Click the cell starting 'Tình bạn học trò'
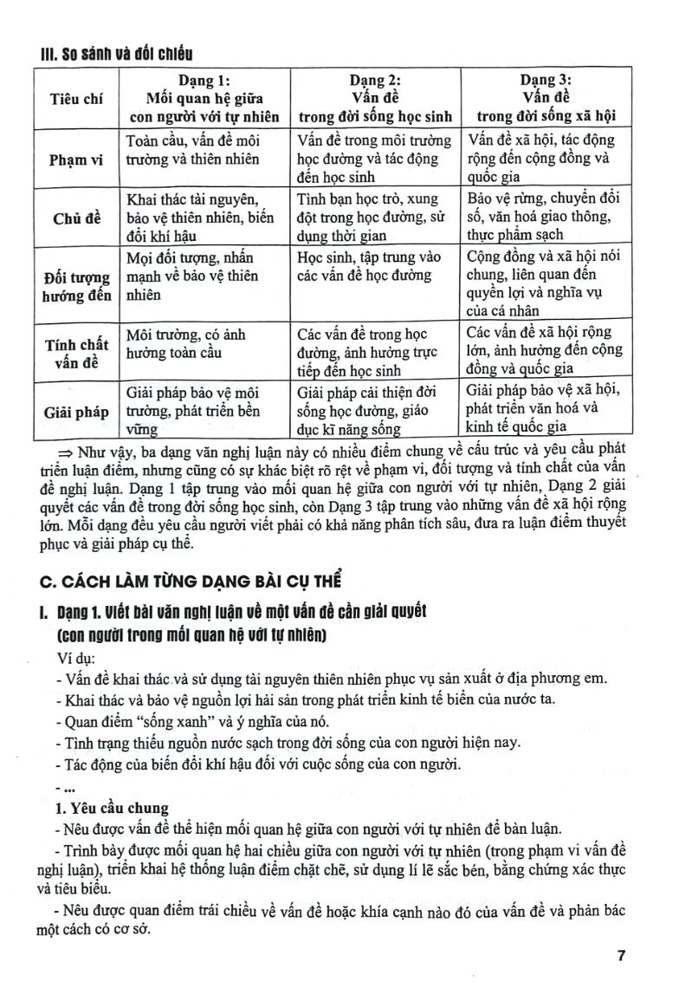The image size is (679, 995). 375,217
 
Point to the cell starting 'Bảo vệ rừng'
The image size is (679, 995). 546,217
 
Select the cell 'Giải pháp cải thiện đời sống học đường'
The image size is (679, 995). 375,411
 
